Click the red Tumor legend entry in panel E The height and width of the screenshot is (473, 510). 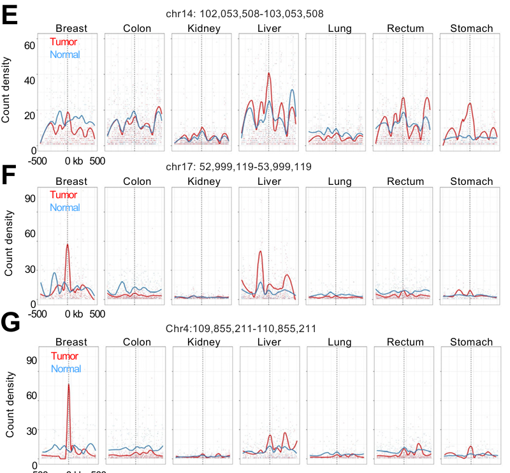[63, 42]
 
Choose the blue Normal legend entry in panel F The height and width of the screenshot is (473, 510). [64, 208]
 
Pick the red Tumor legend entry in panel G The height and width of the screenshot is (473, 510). [64, 356]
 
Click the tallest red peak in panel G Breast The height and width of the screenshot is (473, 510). [69, 385]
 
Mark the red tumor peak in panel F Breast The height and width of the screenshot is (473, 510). [68, 245]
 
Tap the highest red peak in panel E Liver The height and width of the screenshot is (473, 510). [268, 74]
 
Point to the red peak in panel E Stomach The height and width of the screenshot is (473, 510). [470, 104]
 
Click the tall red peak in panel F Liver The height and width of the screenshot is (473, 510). [260, 252]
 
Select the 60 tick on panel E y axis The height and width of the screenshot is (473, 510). [29, 45]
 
